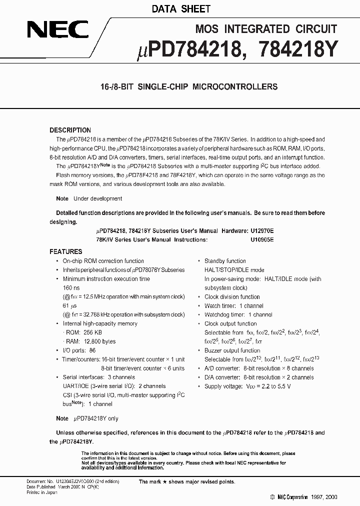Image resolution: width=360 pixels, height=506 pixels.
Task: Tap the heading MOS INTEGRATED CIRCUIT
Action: click(x=265, y=28)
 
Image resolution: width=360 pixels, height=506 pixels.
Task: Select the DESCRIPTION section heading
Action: click(x=70, y=130)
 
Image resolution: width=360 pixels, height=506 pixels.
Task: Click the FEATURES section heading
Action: click(x=66, y=251)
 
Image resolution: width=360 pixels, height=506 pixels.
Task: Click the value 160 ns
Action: click(x=71, y=288)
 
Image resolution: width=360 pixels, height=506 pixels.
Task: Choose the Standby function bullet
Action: click(x=225, y=261)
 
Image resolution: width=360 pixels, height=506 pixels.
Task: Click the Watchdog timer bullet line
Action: click(x=238, y=314)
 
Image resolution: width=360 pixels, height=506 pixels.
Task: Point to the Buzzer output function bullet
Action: click(x=232, y=350)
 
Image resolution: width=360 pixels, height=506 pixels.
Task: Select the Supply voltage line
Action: click(x=247, y=386)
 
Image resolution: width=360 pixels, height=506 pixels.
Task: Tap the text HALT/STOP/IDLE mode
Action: click(x=234, y=270)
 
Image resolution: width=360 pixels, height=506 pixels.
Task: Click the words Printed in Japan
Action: click(x=41, y=492)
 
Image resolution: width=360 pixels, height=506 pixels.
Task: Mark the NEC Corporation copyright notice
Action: click(x=303, y=497)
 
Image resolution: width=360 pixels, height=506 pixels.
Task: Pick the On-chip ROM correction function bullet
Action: click(x=103, y=261)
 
